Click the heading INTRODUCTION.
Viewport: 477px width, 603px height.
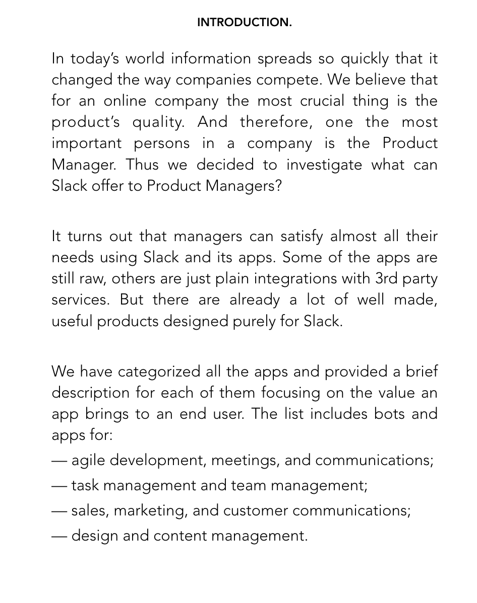(x=244, y=23)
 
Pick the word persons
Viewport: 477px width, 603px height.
(x=162, y=143)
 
